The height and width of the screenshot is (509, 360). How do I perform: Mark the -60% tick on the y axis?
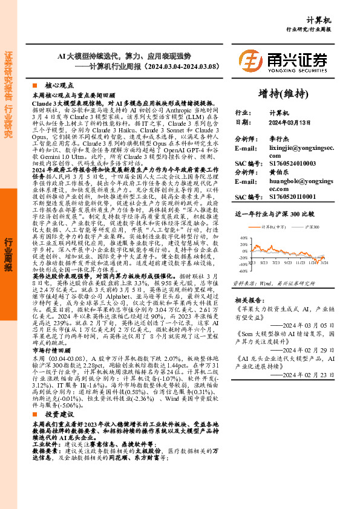[x=242, y=271]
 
